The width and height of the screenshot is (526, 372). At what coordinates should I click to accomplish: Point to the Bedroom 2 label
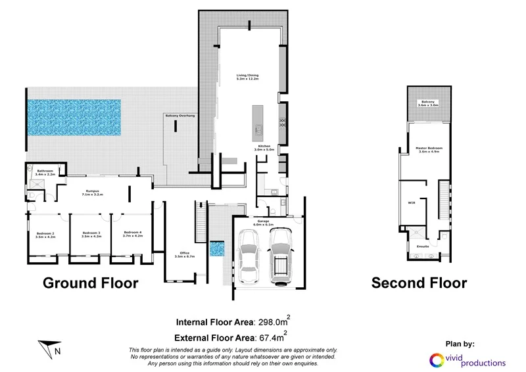[x=45, y=233]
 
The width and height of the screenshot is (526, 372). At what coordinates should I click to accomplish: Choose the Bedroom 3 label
[x=91, y=233]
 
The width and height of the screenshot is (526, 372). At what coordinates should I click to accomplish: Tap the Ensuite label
[x=423, y=246]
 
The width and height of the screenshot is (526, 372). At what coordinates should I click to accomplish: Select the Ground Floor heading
[x=91, y=283]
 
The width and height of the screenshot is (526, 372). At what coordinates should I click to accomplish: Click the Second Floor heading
[x=419, y=283]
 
